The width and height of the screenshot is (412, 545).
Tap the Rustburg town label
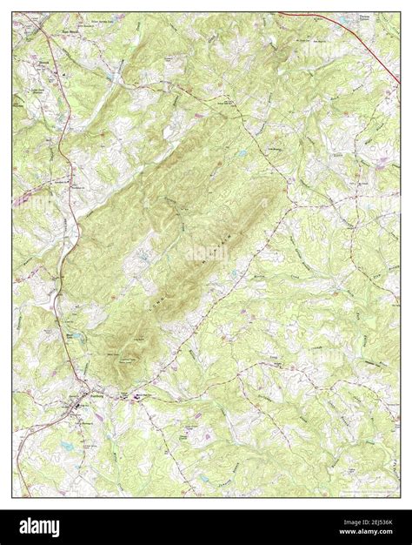click(76, 402)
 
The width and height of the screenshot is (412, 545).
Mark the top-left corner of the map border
click(12, 11)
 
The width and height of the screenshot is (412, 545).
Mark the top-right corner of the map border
click(400, 11)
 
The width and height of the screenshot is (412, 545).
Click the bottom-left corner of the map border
click(12, 497)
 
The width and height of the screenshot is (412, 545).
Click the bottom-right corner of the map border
click(400, 497)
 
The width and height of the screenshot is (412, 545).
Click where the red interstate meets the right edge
click(399, 67)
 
